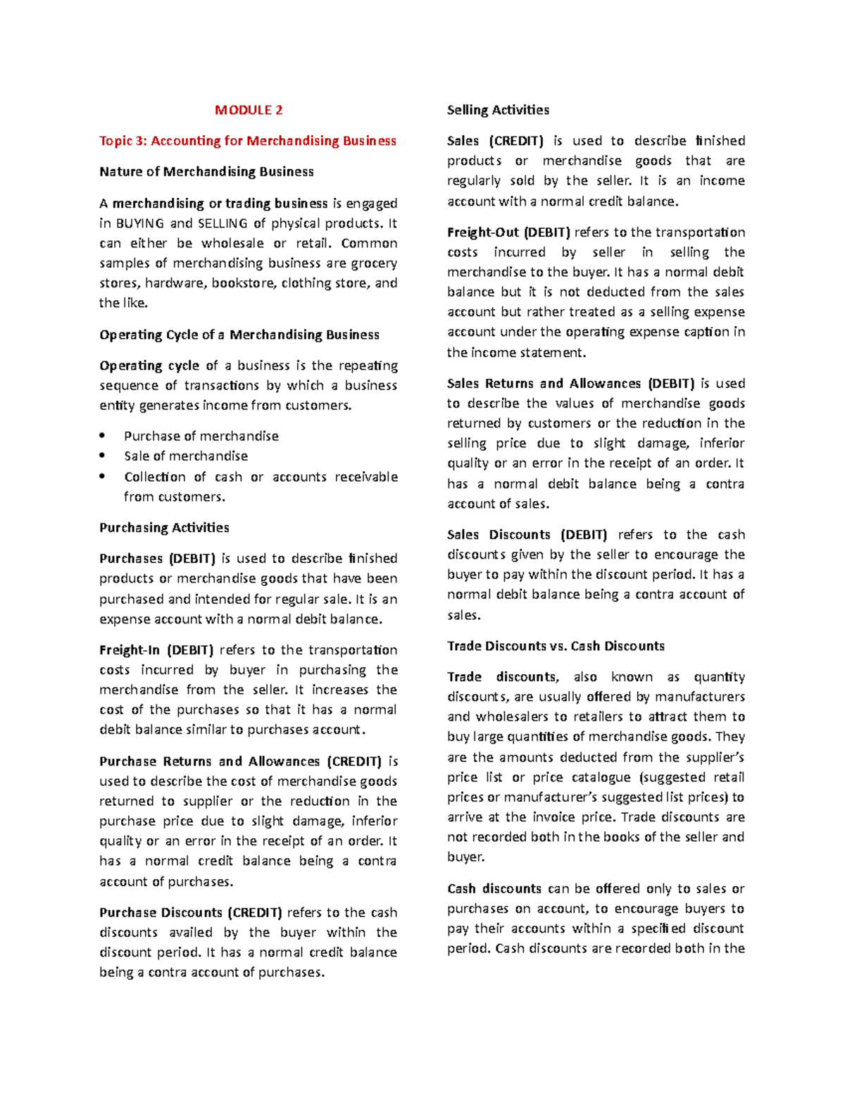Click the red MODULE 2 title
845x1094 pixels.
pyautogui.click(x=249, y=110)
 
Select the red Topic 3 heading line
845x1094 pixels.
pyautogui.click(x=248, y=141)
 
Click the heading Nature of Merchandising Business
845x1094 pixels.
pyautogui.click(x=206, y=172)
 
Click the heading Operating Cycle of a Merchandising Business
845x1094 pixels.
pyautogui.click(x=239, y=335)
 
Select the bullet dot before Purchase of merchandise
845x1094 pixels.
pyautogui.click(x=103, y=436)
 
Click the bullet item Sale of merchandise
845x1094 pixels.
pyautogui.click(x=186, y=456)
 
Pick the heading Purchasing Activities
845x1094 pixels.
pyautogui.click(x=164, y=528)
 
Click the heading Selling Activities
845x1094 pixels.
pyautogui.click(x=498, y=110)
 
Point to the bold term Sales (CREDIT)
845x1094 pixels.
pyautogui.click(x=495, y=141)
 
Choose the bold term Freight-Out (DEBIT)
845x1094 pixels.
pyautogui.click(x=508, y=232)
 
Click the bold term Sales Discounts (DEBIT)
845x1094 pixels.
pyautogui.click(x=527, y=535)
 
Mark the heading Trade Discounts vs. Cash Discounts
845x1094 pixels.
pyautogui.click(x=556, y=646)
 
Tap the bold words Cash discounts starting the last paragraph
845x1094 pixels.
pyautogui.click(x=494, y=889)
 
